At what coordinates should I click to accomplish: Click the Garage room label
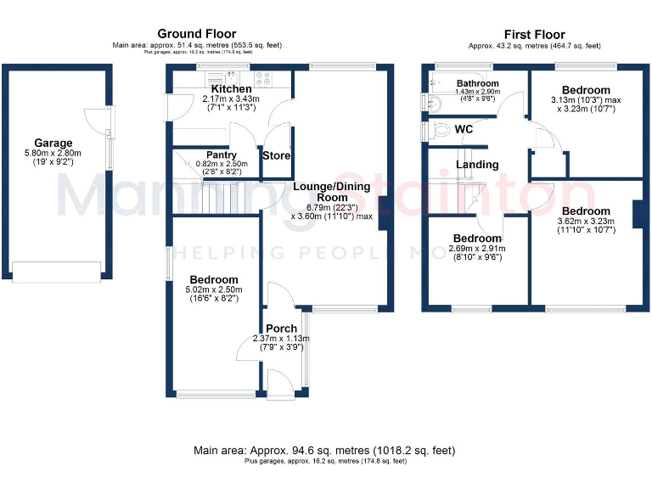pos(53,143)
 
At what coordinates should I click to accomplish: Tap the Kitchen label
pos(231,89)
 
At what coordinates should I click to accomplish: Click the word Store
pos(277,156)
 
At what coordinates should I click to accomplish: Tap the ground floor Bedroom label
pos(213,279)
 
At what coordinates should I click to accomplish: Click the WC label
pos(464,129)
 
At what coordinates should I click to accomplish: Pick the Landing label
pos(476,165)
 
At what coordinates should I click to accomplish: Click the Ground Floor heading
pos(196,34)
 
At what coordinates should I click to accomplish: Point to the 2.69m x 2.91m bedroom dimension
pos(476,249)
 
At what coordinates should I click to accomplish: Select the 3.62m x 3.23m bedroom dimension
pos(586,222)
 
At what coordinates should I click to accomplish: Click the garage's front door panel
pos(56,272)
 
